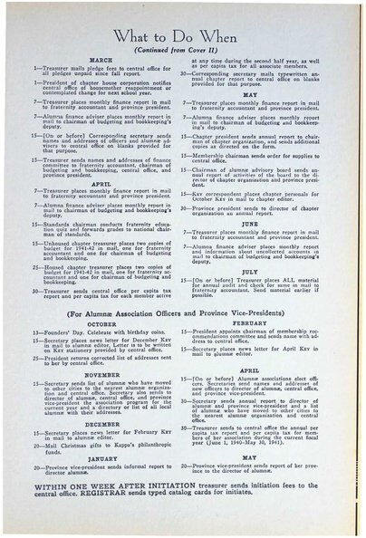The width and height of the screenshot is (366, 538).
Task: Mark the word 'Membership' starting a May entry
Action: pyautogui.click(x=225, y=130)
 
